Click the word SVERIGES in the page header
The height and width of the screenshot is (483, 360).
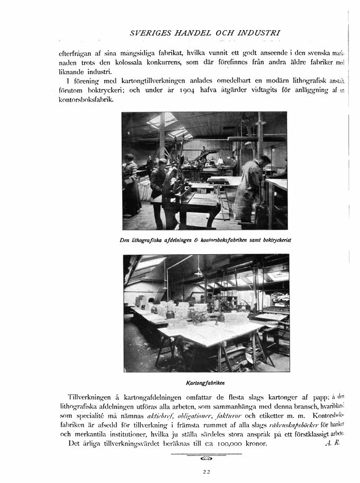148,33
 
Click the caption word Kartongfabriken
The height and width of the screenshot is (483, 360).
206,382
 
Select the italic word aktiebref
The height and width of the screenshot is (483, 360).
161,416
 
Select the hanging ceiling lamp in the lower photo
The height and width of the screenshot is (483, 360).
199,272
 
